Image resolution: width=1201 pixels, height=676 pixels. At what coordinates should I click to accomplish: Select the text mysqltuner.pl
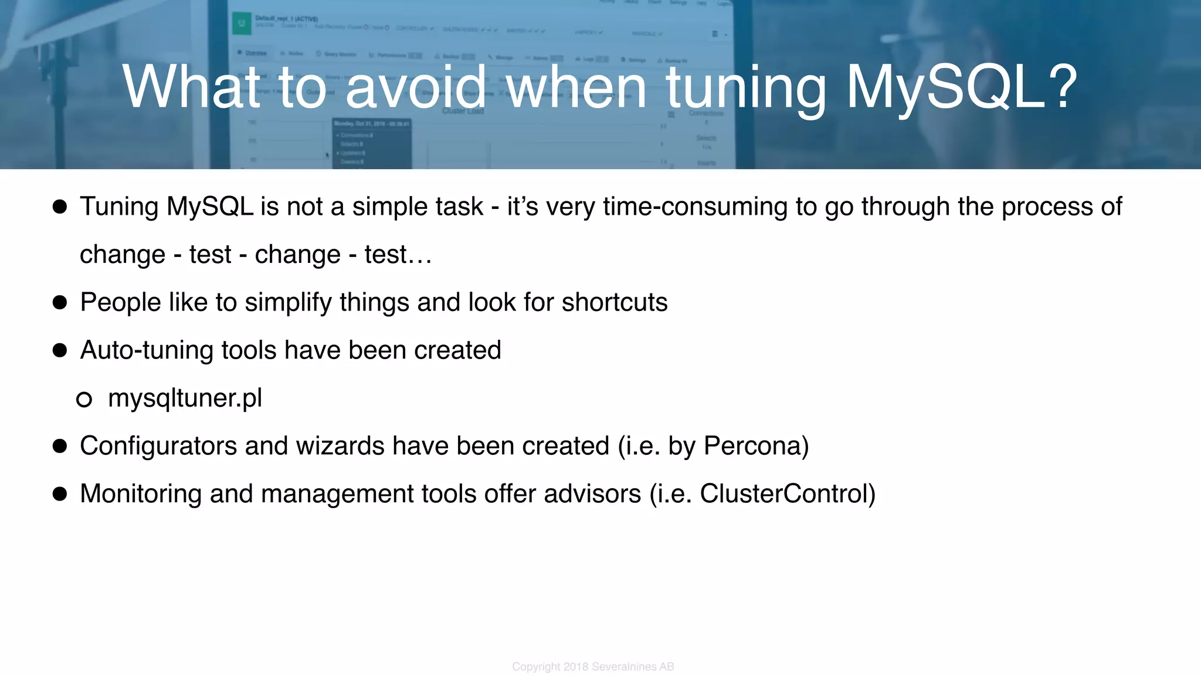[185, 398]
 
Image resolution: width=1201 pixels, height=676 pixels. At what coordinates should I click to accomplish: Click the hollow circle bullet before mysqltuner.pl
[84, 400]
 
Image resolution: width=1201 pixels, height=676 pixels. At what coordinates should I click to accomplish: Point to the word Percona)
[756, 446]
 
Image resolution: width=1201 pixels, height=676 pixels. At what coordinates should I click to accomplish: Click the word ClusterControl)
[787, 494]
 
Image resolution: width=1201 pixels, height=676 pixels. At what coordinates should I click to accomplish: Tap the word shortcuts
[614, 303]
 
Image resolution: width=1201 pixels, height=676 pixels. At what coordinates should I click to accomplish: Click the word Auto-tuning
[146, 350]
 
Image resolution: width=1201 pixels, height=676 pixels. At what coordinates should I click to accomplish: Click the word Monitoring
[140, 494]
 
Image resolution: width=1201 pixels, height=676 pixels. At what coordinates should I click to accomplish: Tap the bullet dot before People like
[60, 303]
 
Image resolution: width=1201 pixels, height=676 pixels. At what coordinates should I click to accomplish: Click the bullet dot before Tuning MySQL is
[60, 207]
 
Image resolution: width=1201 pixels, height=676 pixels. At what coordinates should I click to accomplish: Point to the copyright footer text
[593, 667]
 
